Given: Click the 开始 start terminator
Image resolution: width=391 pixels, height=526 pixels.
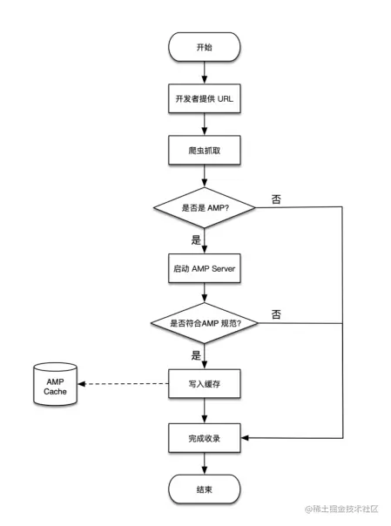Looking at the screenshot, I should (203, 48).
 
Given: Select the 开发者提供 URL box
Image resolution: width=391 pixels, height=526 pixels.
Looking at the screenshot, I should (203, 98).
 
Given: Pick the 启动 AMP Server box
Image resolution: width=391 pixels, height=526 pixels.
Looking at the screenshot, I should (203, 270).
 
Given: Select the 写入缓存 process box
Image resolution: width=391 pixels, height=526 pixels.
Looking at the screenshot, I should (203, 382).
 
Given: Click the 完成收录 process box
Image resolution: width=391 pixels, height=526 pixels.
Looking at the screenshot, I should (203, 437).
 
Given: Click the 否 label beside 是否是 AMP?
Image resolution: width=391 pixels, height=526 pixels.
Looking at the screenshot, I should (275, 199).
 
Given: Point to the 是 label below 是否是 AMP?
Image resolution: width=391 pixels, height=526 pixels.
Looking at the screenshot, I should (195, 239).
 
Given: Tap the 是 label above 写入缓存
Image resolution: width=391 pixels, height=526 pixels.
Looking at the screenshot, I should (195, 354).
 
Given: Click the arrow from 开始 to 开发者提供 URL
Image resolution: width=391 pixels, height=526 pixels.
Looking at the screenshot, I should (203, 72).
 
